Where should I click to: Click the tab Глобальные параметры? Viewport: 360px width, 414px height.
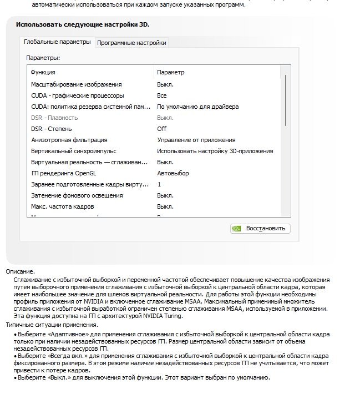(57, 42)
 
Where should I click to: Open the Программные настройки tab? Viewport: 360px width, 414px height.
(131, 43)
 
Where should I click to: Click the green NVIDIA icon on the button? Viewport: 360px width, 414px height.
(236, 228)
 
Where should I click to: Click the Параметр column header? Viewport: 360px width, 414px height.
(171, 72)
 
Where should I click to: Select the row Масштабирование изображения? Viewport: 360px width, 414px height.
(76, 84)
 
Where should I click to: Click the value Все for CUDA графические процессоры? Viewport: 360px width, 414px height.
(162, 95)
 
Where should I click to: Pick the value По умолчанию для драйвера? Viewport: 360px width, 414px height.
(197, 107)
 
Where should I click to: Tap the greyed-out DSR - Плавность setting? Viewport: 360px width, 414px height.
(54, 118)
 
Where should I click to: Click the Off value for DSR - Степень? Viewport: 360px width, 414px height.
(162, 129)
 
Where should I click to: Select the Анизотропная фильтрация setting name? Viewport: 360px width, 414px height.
(69, 140)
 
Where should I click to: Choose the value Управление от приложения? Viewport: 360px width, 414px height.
(196, 140)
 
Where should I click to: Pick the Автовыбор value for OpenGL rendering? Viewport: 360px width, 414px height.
(173, 173)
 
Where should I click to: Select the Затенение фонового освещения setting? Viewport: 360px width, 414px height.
(77, 195)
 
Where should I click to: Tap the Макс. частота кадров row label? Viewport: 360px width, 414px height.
(62, 206)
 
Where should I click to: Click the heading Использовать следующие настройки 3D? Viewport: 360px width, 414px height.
(82, 24)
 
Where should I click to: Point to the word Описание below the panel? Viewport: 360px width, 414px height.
(20, 271)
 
